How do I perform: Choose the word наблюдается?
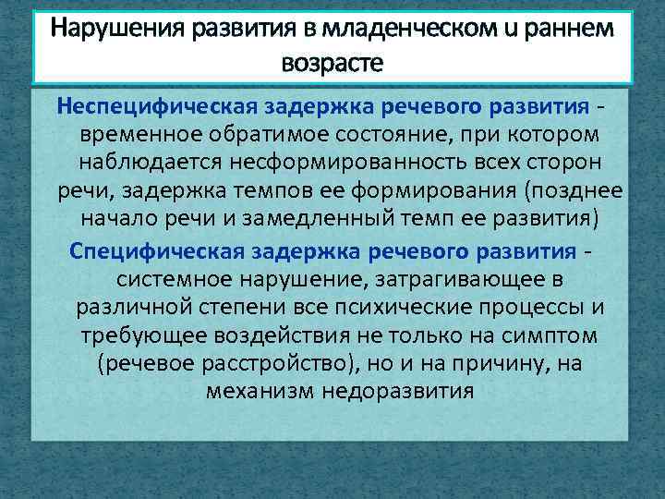coord(168,163)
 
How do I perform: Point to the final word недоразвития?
coord(399,391)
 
